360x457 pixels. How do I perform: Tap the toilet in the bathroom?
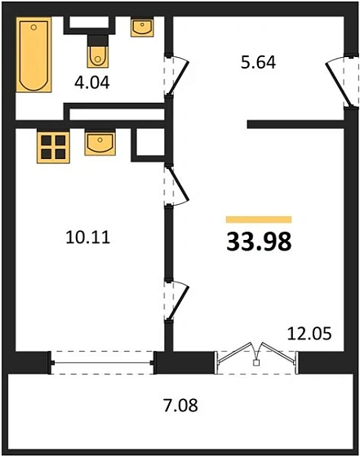coord(98,53)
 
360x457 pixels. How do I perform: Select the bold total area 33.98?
coord(258,242)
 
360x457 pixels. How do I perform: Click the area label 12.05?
coord(307,332)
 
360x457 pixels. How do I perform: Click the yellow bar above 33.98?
coord(258,220)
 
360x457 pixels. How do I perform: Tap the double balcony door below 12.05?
coord(257,357)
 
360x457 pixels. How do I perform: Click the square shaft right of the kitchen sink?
coord(147,144)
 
